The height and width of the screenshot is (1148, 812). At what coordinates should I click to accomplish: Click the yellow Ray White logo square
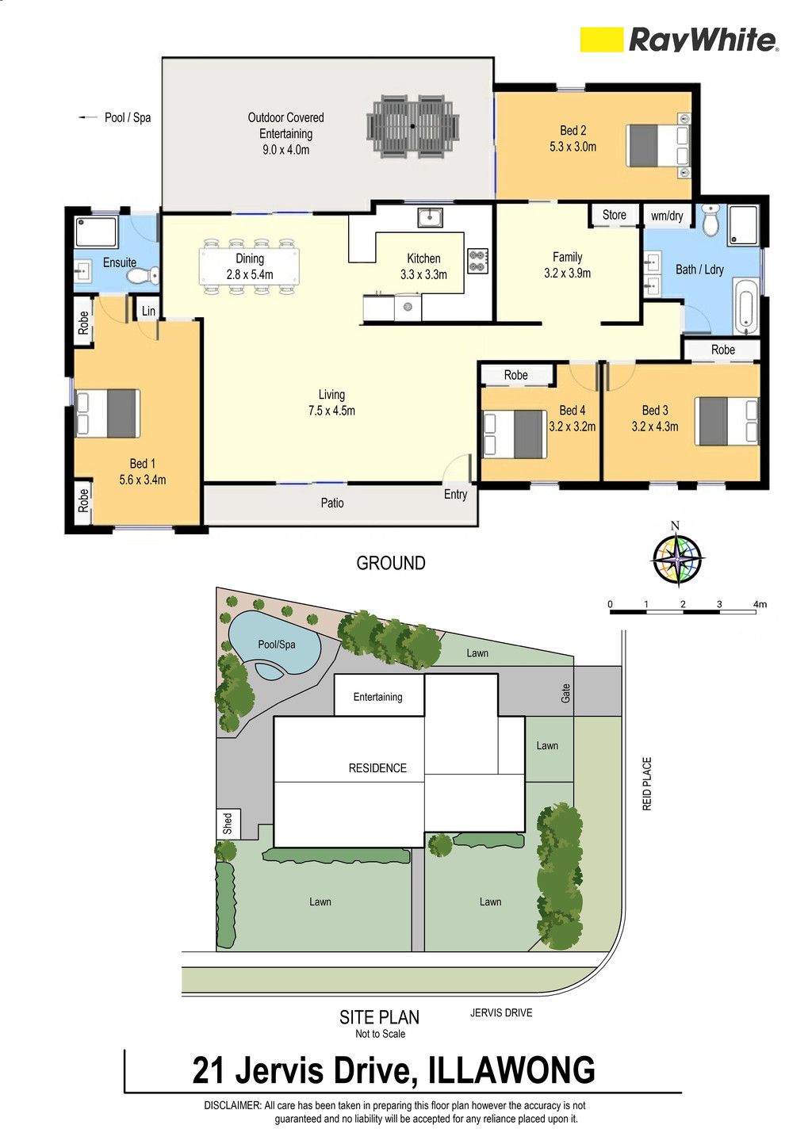pos(601,40)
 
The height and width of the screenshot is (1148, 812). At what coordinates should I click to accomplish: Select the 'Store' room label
pos(614,215)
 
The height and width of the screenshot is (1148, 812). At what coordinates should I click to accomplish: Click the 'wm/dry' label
pos(667,216)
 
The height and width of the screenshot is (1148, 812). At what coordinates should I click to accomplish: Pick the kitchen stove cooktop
pos(478,260)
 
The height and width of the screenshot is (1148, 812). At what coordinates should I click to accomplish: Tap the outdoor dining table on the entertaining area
pos(412,126)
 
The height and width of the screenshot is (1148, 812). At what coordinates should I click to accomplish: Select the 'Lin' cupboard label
pos(148,311)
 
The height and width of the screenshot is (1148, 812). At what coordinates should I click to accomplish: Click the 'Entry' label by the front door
pos(455,495)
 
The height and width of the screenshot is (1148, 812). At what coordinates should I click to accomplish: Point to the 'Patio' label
pos(332,503)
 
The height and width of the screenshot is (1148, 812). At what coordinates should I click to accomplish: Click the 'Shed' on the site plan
pos(228,823)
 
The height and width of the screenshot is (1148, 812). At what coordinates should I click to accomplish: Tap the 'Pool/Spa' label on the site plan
pos(276,645)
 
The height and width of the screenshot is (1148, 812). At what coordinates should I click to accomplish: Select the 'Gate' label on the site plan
pos(565,694)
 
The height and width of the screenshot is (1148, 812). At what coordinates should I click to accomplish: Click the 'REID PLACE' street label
pos(647,783)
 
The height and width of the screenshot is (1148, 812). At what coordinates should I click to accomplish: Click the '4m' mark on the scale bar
pos(760,604)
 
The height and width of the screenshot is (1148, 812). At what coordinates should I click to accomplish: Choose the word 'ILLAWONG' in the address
pos(511,1070)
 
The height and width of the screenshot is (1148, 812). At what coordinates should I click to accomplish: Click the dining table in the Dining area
pos(250,266)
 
